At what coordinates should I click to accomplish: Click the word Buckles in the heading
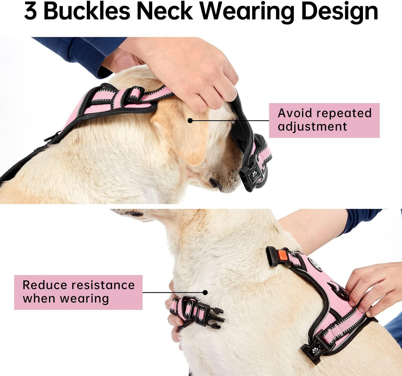pos(87,12)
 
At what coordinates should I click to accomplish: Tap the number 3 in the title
pos(30,12)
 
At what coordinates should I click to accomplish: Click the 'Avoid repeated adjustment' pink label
pos(324,120)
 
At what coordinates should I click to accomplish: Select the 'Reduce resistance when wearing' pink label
pos(78,292)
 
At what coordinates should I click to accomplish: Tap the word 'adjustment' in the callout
pos(312,127)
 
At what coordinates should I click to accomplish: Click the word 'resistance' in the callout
pos(103,285)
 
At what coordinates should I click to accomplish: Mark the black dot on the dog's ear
pos(190,121)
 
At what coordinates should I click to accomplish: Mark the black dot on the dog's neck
pos(205,292)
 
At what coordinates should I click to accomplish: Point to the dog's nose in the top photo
pos(214,183)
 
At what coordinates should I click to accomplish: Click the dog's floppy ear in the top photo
pos(181,133)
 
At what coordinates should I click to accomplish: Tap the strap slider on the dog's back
pos(136,94)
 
